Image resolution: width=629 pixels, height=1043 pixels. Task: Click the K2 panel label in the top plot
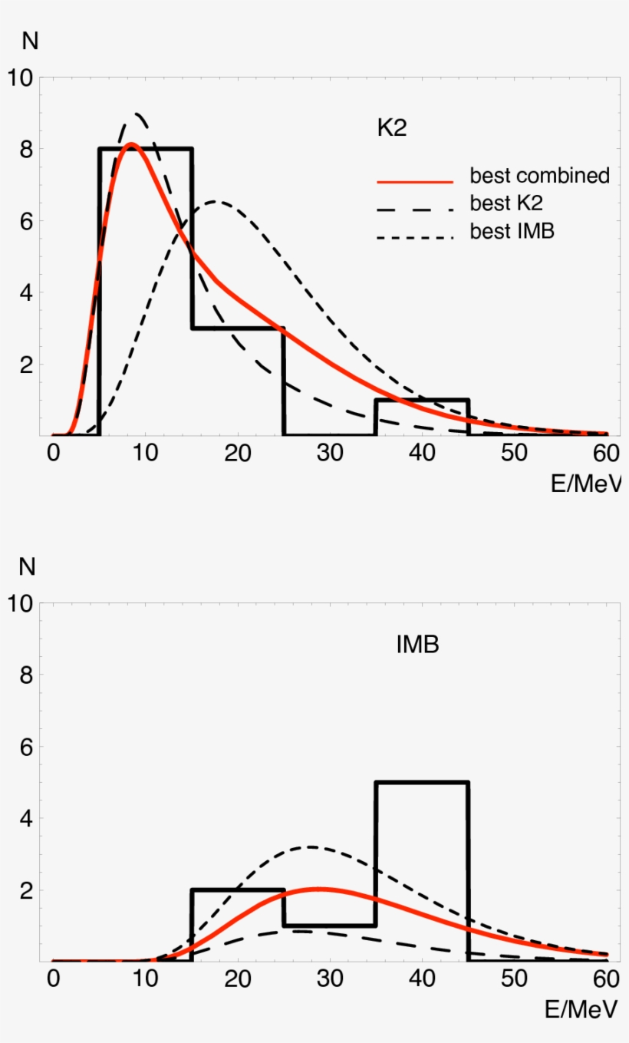(x=391, y=129)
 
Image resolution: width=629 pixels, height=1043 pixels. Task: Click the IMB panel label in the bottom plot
(x=417, y=645)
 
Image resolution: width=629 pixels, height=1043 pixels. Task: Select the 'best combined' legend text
(x=539, y=176)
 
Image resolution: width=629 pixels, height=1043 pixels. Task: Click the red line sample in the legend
(x=415, y=182)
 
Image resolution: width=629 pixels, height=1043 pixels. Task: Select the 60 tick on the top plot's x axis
(x=607, y=453)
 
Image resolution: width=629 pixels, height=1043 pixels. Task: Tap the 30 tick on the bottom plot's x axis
(x=330, y=979)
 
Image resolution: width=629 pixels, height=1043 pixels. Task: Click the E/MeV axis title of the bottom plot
(x=584, y=1011)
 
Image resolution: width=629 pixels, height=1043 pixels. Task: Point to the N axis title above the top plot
(x=30, y=41)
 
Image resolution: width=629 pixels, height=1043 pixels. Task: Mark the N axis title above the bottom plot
(x=28, y=568)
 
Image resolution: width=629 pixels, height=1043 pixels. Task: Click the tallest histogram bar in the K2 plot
(x=146, y=292)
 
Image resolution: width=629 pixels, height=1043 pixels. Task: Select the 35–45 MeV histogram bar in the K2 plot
(x=422, y=418)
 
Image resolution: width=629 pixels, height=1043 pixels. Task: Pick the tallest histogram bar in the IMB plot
(x=422, y=871)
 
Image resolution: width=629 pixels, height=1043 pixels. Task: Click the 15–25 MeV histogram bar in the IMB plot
(x=237, y=926)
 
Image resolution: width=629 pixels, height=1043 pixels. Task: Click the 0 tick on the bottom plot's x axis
(x=53, y=979)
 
